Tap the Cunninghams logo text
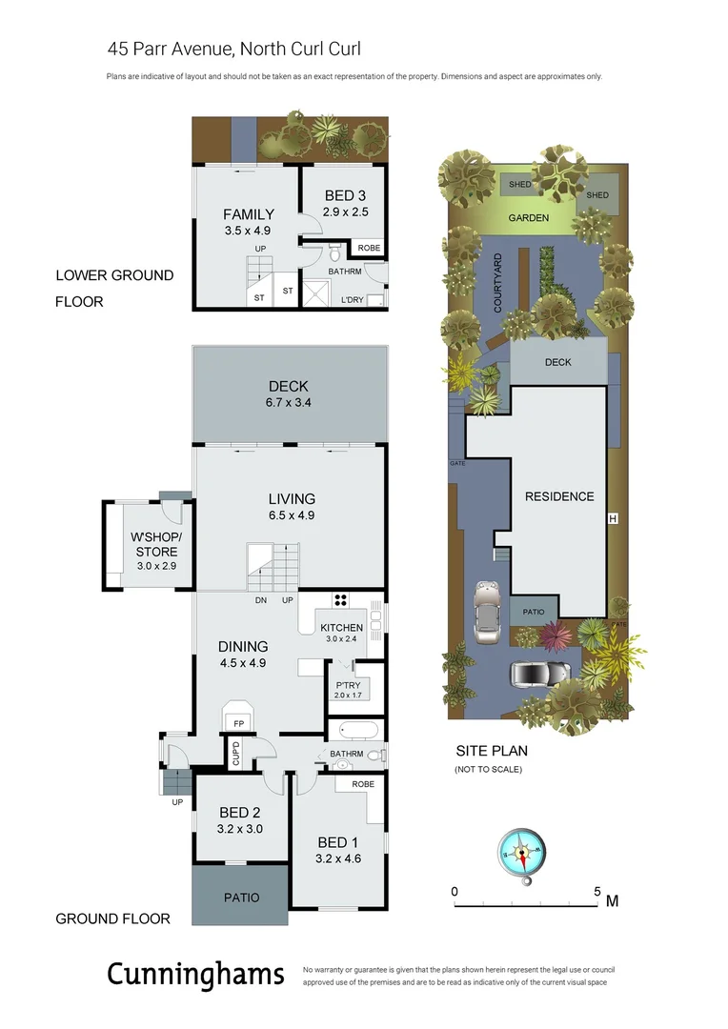click(x=195, y=974)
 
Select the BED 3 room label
click(x=344, y=195)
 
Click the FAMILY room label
click(x=248, y=214)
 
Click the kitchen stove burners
click(x=341, y=601)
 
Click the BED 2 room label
click(x=239, y=813)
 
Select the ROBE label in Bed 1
click(x=362, y=784)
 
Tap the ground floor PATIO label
click(x=241, y=898)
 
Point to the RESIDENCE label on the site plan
click(x=559, y=496)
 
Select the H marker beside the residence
click(x=613, y=518)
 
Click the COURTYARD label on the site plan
click(x=497, y=283)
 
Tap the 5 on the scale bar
click(x=597, y=892)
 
